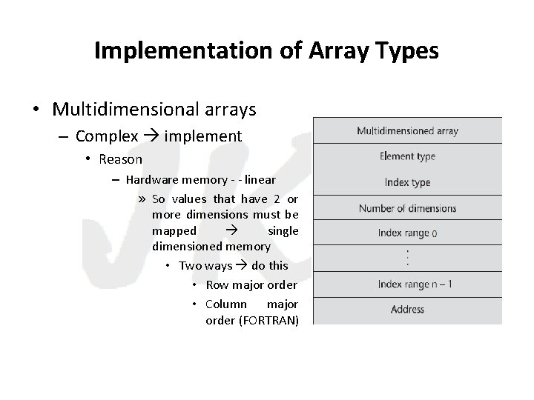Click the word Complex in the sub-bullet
point(107,136)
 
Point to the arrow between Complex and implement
point(151,136)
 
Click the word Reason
point(120,159)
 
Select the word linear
point(259,179)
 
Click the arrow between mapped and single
point(231,230)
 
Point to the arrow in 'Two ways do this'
point(240,265)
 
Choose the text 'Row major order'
point(251,285)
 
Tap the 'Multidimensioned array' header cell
point(407,131)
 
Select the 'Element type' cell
point(407,156)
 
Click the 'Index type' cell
point(407,182)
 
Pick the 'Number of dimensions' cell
point(407,208)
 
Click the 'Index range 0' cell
point(407,233)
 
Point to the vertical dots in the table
point(407,258)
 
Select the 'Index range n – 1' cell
point(407,284)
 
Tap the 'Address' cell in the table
point(407,310)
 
